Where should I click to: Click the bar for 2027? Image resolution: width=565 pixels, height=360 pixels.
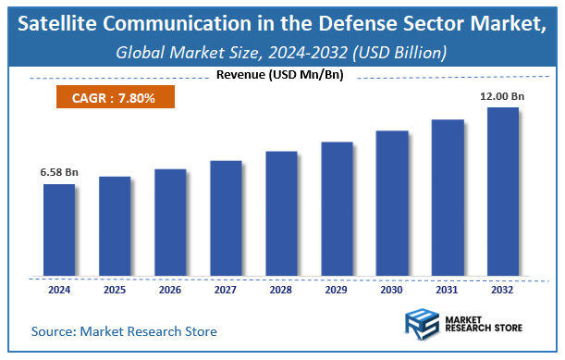pos(226,218)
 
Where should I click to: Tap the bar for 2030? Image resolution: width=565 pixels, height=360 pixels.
pos(392,204)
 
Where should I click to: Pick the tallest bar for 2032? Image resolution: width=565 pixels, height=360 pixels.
pos(503,192)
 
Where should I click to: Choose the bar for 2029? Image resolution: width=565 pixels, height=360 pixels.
pos(337,209)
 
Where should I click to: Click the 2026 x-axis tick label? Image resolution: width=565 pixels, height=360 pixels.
pos(170,289)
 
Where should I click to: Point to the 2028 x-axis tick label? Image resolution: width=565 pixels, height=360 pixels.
pos(281,289)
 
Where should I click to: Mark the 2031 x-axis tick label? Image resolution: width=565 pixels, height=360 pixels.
pos(448,289)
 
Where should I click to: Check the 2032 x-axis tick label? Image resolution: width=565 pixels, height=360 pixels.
pos(503,289)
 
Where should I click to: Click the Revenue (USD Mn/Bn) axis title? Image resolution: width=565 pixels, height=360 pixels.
pos(281,74)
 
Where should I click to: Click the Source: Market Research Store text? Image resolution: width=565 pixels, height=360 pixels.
pos(124,330)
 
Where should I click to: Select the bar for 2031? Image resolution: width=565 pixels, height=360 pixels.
pos(448,198)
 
